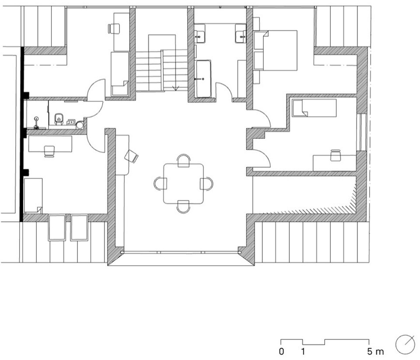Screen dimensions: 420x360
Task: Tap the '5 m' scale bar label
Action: coord(375,351)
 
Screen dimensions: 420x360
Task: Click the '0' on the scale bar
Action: coord(281,351)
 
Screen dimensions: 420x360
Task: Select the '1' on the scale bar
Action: coord(303,351)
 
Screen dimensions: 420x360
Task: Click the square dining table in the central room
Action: coord(183,184)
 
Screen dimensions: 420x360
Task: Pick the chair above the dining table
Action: coord(184,161)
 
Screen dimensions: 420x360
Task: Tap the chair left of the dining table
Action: coord(161,183)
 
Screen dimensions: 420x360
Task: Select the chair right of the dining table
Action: coord(207,184)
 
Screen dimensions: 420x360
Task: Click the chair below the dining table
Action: coord(183,207)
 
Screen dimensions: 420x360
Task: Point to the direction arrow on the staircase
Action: coord(176,87)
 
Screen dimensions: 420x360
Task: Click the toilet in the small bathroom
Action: coord(59,119)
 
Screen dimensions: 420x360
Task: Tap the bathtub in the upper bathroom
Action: coord(203,79)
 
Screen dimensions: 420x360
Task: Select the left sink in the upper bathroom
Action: coord(199,34)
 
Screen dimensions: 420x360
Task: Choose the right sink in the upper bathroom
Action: coord(241,34)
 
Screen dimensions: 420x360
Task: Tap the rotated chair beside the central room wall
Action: coord(132,157)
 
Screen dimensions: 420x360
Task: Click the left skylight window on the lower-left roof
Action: coord(57,227)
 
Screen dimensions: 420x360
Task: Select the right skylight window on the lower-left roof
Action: coord(79,227)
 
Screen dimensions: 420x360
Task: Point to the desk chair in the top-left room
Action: coord(114,29)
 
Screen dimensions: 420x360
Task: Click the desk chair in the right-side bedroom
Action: coord(336,155)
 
